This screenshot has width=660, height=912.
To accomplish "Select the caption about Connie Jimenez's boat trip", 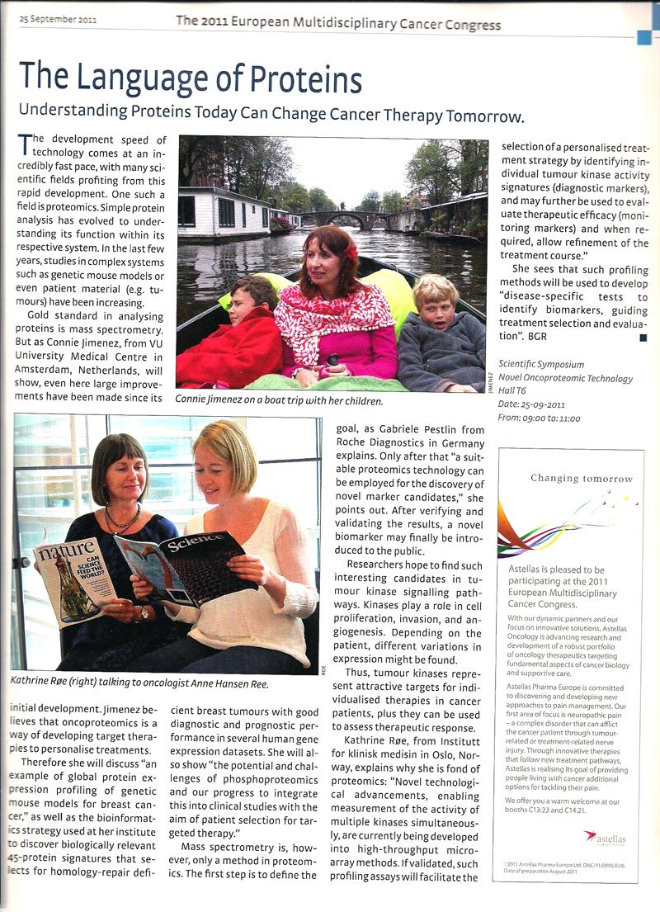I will click(279, 400).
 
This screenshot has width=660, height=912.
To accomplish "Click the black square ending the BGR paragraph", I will click(643, 338).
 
